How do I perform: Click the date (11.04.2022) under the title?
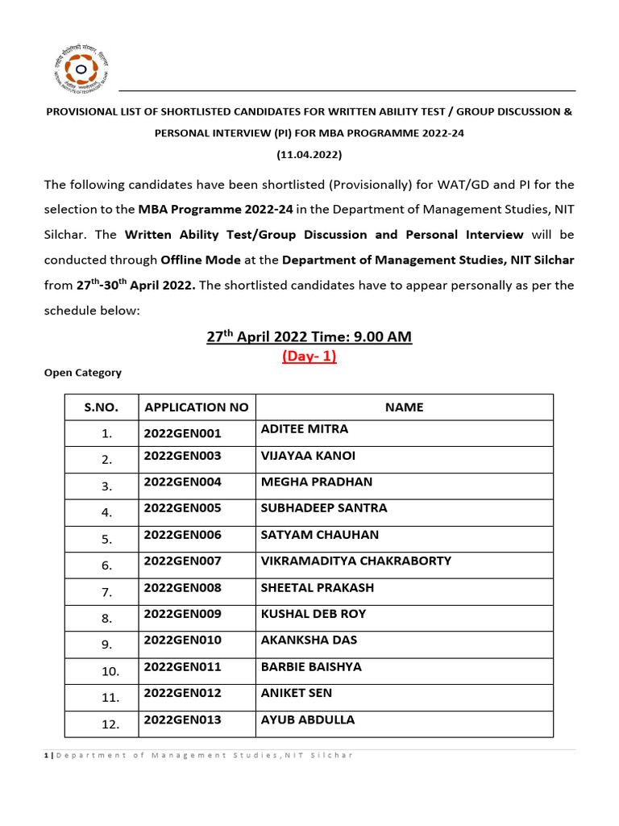click(x=309, y=153)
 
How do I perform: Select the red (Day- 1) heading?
click(x=309, y=357)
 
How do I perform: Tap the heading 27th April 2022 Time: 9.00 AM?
click(x=309, y=336)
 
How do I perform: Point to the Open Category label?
click(x=82, y=373)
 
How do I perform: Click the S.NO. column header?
click(x=102, y=407)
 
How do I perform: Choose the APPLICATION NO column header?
click(x=196, y=407)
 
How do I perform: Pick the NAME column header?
click(x=404, y=407)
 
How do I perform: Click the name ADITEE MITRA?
click(x=305, y=429)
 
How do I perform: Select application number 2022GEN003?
click(x=182, y=456)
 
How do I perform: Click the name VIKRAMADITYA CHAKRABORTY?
click(x=355, y=561)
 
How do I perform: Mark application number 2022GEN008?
click(x=182, y=588)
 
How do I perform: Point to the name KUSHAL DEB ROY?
click(x=314, y=614)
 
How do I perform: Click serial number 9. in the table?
click(x=106, y=645)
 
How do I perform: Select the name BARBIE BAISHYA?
click(x=311, y=667)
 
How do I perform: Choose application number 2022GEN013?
click(x=182, y=720)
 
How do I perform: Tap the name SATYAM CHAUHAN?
click(x=319, y=535)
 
